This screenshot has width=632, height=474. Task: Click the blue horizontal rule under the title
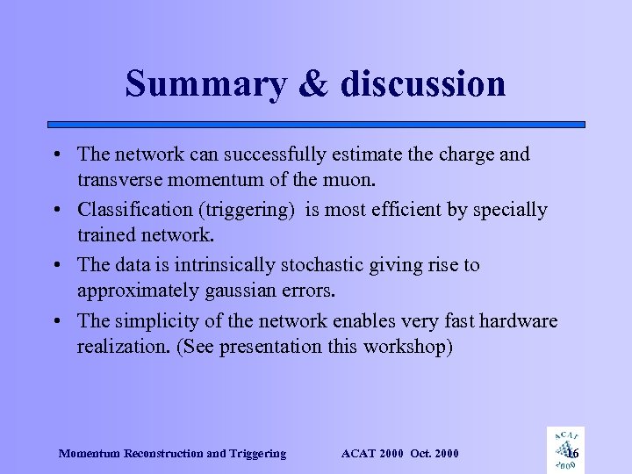[316, 125]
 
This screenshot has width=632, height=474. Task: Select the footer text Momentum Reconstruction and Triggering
[172, 453]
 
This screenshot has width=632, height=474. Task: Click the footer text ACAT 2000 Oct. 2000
[399, 453]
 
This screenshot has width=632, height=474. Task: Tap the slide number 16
[572, 453]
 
